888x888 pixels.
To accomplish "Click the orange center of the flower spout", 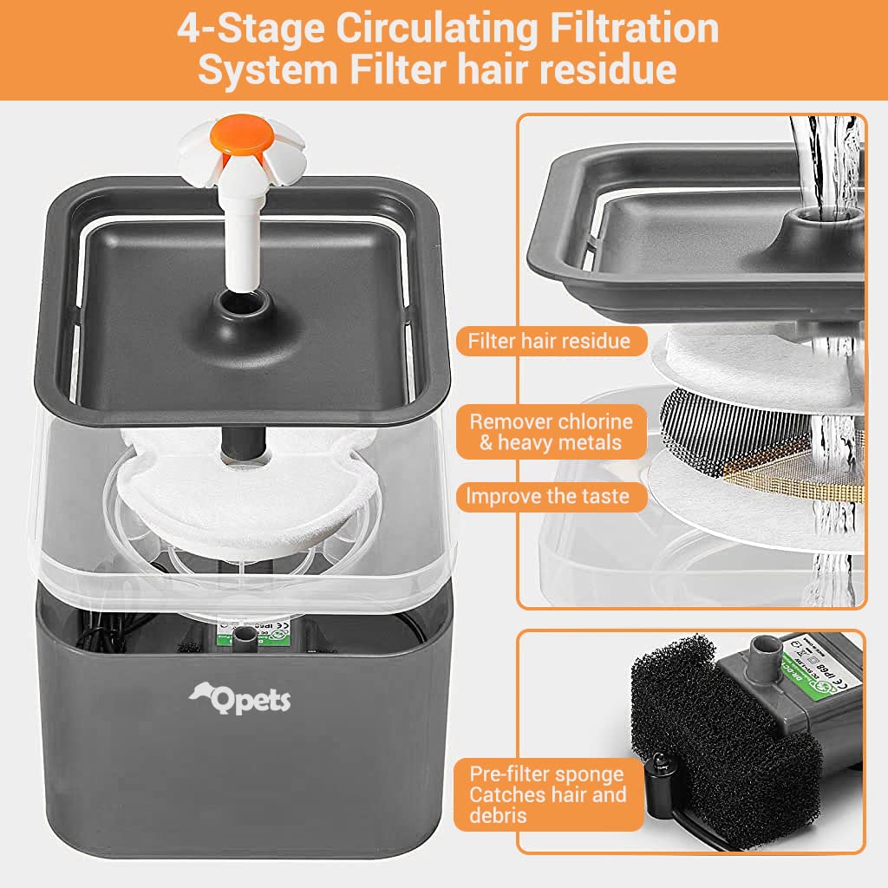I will click(x=239, y=135).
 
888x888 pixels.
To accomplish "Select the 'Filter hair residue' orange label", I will click(x=549, y=341).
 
